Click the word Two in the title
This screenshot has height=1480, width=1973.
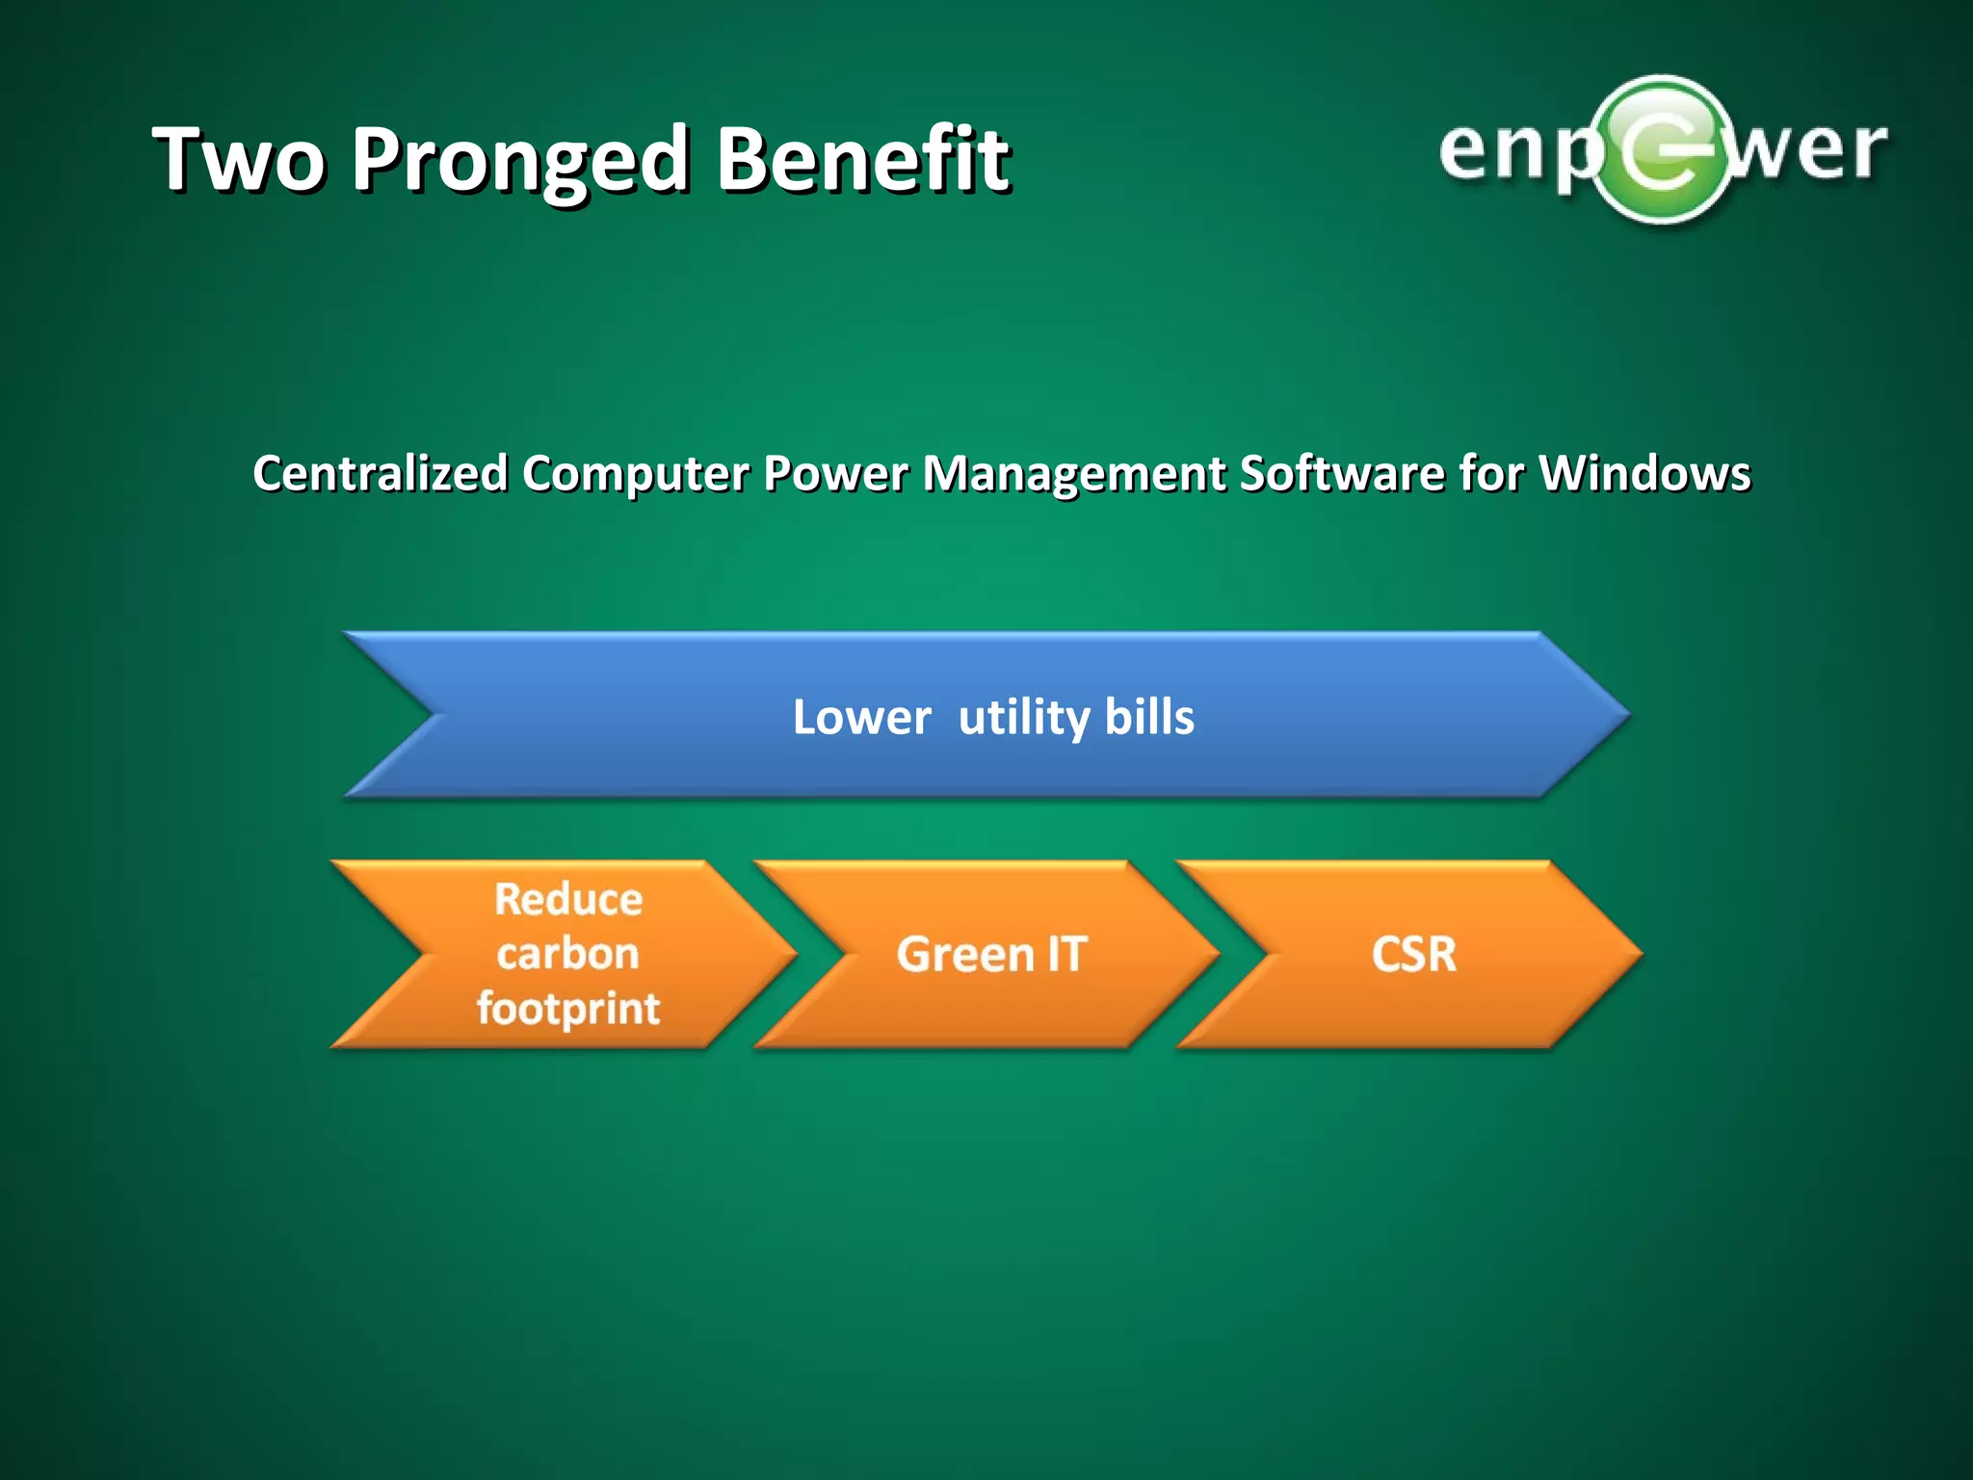click(x=239, y=159)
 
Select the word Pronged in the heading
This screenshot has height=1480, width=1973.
click(x=520, y=161)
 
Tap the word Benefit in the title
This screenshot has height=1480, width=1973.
click(x=862, y=159)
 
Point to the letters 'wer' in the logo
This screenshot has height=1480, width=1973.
click(x=1806, y=151)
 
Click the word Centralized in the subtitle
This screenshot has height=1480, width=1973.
click(x=381, y=474)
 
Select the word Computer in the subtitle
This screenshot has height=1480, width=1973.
click(x=636, y=474)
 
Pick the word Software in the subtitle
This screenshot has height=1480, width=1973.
click(x=1341, y=474)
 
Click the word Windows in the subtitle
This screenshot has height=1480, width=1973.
click(x=1644, y=474)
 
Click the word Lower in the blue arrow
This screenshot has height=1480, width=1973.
click(x=861, y=718)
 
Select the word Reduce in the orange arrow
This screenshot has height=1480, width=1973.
click(x=568, y=899)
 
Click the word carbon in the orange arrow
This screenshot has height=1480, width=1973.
click(x=568, y=954)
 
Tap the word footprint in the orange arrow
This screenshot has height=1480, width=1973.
click(x=568, y=1009)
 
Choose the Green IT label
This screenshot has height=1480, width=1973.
click(x=991, y=954)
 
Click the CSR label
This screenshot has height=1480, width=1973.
click(x=1413, y=954)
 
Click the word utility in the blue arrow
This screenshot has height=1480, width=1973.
click(x=1024, y=718)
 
